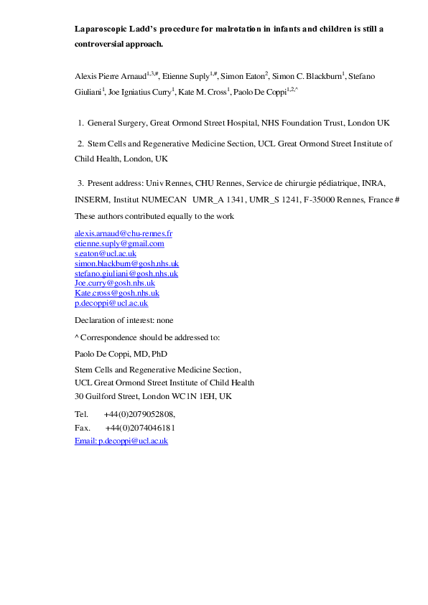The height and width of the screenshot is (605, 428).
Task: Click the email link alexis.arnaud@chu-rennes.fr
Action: click(x=124, y=234)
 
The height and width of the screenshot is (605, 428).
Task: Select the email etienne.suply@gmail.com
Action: click(x=119, y=244)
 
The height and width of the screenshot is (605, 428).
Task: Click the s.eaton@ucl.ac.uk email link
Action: click(x=106, y=254)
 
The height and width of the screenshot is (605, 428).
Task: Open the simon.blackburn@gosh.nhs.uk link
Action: click(x=127, y=263)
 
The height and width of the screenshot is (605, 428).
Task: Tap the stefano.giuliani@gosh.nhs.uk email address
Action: click(x=126, y=273)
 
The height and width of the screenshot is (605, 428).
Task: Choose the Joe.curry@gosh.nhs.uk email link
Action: click(x=115, y=283)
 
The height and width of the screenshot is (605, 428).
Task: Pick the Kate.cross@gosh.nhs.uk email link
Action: click(x=117, y=294)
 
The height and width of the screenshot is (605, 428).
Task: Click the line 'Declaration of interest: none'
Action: click(x=124, y=320)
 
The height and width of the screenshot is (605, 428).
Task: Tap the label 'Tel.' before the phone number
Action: click(x=81, y=415)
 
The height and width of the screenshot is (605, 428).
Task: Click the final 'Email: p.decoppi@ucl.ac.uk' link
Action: click(x=121, y=441)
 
